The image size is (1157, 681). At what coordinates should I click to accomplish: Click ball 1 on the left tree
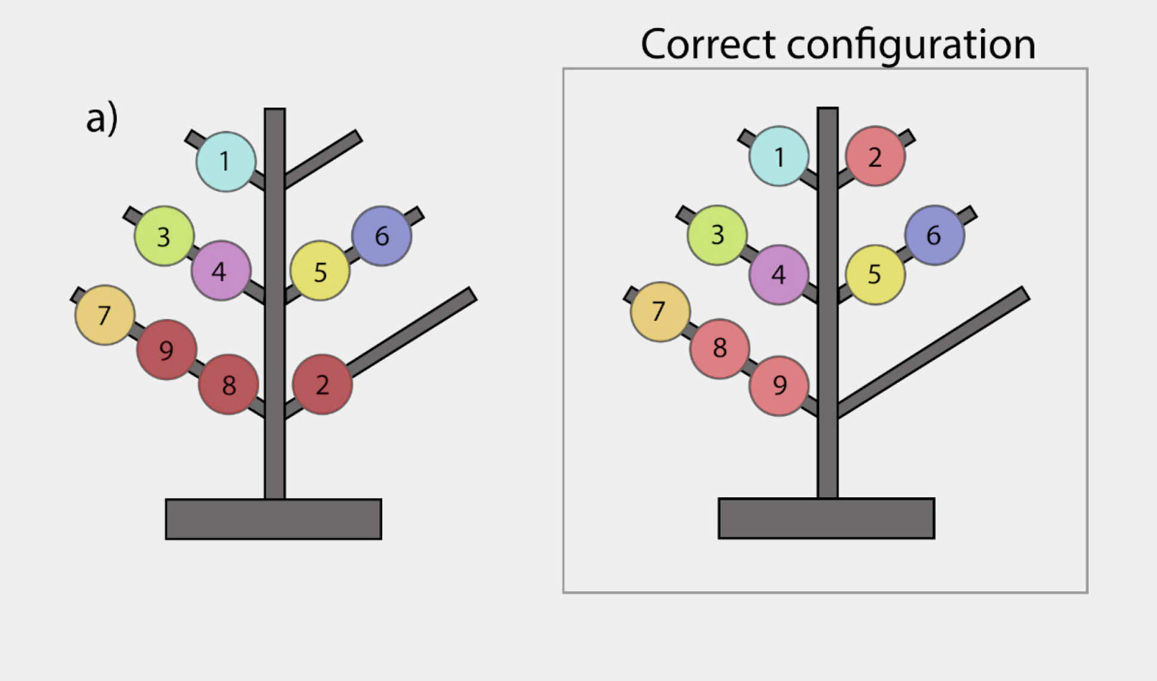click(x=226, y=162)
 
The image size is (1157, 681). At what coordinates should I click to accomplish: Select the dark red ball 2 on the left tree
click(x=322, y=384)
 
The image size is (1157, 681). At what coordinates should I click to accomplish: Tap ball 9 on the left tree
click(x=167, y=349)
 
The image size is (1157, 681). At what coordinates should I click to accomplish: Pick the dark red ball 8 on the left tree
click(x=229, y=384)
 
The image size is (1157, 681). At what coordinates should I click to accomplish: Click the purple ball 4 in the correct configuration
click(x=779, y=274)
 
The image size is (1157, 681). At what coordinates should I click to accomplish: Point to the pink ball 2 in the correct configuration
click(x=875, y=156)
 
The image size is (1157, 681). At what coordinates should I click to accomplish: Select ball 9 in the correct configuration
click(x=779, y=385)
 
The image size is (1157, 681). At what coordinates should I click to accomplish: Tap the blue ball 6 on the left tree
click(x=382, y=236)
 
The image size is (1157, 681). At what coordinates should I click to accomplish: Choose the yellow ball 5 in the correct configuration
click(x=875, y=274)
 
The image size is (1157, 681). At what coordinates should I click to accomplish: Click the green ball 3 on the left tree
click(x=164, y=236)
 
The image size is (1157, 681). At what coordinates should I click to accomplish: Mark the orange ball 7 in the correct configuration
click(x=660, y=312)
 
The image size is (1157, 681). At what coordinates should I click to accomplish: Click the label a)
click(x=102, y=118)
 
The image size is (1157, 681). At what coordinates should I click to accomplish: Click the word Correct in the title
click(x=708, y=44)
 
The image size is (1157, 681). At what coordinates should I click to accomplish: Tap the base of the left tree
click(x=273, y=519)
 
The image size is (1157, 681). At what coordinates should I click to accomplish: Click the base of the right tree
click(x=826, y=518)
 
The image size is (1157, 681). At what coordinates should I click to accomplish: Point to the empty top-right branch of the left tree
click(x=326, y=157)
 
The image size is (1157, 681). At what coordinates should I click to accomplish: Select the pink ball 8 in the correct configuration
click(x=720, y=348)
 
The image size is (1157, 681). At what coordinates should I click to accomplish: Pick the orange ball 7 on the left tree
click(x=105, y=315)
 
